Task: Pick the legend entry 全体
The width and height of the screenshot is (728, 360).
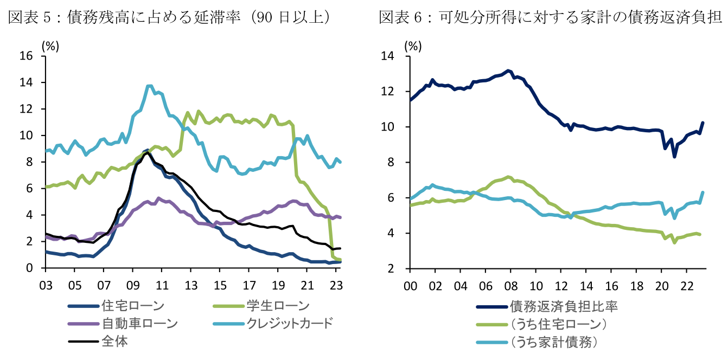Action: [114, 342]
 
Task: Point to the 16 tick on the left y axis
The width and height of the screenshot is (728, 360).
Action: [26, 56]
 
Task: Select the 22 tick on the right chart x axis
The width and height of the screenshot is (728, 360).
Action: [687, 285]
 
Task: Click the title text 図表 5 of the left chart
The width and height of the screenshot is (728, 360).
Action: [33, 17]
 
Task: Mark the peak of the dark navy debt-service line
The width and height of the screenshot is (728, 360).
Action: [508, 70]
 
